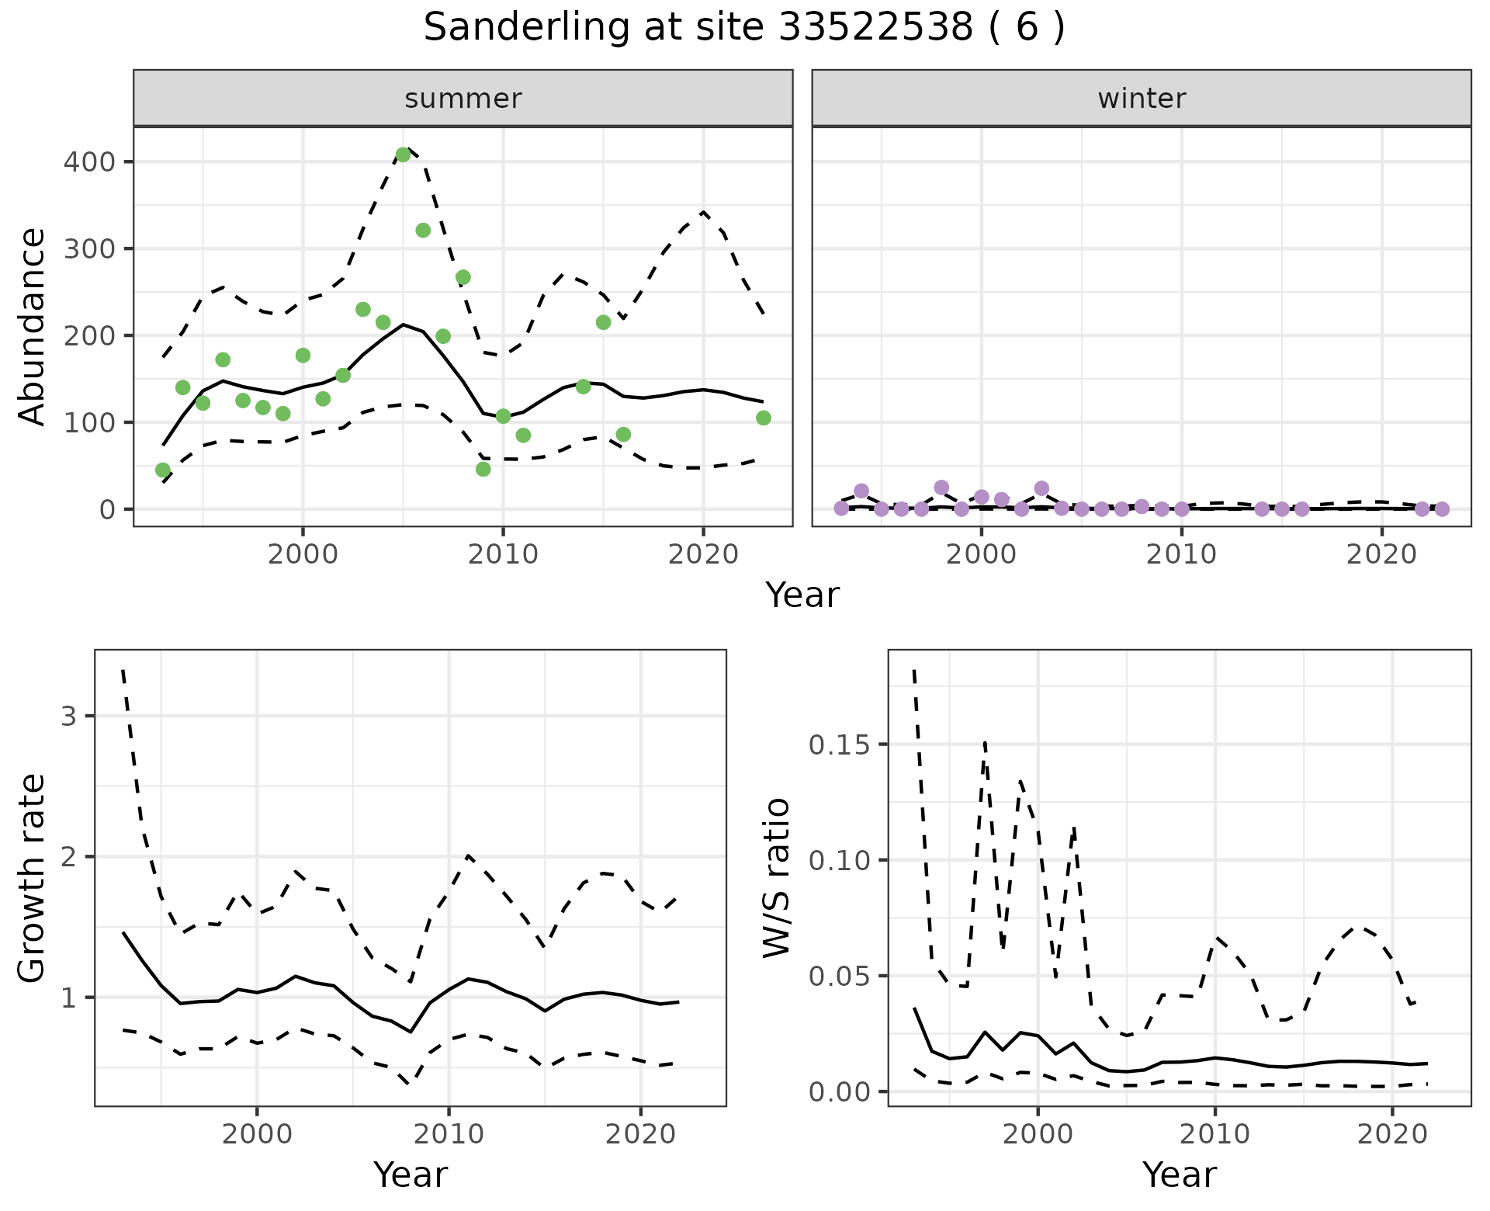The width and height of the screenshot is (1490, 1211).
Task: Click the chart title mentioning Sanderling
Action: coord(744,28)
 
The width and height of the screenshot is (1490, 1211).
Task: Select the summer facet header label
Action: coord(463,99)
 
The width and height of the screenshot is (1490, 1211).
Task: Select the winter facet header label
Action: coord(1141,99)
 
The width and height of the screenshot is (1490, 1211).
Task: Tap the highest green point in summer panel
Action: coord(403,154)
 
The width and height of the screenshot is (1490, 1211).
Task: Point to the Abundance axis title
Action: coord(33,326)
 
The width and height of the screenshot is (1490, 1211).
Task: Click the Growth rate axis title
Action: coord(33,878)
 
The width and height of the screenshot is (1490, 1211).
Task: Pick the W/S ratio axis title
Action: coord(777,878)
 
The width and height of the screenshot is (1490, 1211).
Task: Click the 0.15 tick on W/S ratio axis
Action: coord(838,745)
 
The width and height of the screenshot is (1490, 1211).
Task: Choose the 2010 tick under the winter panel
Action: coord(1181,555)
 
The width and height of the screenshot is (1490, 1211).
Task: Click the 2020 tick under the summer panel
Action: coord(703,555)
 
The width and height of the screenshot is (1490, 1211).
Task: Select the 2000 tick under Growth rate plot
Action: coord(257,1134)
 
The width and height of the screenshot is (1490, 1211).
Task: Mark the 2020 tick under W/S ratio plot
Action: coord(1393,1134)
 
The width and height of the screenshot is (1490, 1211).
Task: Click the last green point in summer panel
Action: coord(763,418)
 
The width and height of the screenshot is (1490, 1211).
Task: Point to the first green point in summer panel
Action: coord(163,470)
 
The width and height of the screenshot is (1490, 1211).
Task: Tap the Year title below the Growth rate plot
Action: coord(411,1175)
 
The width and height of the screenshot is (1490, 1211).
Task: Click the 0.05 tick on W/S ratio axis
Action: coord(838,977)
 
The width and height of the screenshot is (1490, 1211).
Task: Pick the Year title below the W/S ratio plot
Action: coord(1179,1175)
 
